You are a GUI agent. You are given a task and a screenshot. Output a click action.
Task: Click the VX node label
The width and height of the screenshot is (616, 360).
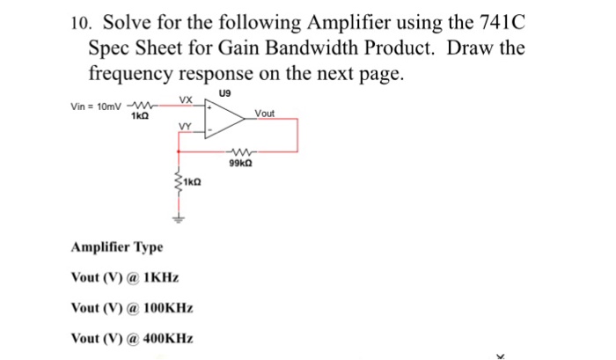186,99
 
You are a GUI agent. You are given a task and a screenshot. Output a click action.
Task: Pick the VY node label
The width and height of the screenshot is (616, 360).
184,127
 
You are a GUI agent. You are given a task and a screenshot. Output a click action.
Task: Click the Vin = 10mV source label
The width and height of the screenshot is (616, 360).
97,107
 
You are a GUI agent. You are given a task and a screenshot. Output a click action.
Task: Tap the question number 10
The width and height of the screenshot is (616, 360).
77,24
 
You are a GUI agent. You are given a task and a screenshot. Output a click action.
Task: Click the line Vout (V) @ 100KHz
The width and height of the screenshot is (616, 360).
131,308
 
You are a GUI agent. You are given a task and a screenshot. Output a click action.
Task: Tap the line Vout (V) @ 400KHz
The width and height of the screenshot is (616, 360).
131,339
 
